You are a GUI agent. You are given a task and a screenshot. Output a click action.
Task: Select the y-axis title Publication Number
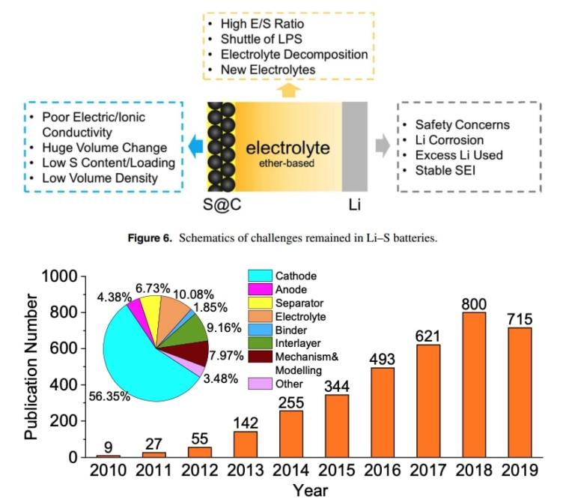click(31, 367)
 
